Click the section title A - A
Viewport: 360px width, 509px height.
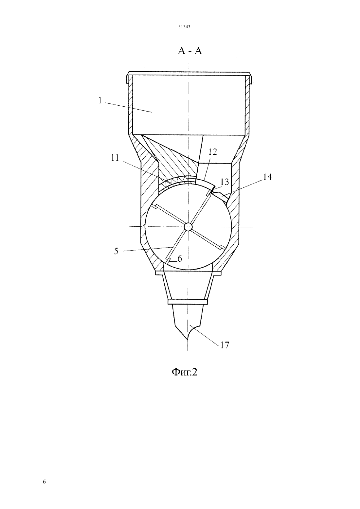point(190,51)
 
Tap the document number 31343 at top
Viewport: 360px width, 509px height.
point(184,27)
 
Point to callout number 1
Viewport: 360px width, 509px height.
point(100,100)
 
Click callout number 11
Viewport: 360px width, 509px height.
point(115,158)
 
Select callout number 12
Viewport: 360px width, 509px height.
point(212,152)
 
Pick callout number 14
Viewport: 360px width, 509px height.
point(267,177)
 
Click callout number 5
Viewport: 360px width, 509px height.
point(116,252)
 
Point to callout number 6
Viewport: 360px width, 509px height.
point(180,259)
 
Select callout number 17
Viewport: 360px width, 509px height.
point(225,345)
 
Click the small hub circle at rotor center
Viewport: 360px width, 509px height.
point(188,227)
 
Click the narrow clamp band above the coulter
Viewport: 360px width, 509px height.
point(188,302)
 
